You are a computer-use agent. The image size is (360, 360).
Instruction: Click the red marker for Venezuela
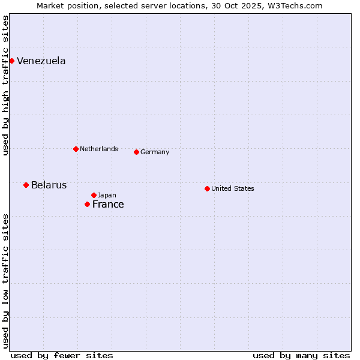click(11, 61)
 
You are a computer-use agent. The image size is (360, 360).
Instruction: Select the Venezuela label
click(41, 61)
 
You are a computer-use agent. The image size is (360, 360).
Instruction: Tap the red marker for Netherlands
click(76, 149)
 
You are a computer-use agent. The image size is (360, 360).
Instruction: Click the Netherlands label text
click(99, 149)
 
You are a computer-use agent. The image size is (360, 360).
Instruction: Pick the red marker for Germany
click(136, 152)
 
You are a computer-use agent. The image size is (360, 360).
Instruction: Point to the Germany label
click(155, 152)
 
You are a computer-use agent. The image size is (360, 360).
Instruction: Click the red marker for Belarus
click(26, 185)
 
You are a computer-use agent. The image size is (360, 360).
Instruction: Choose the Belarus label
click(49, 185)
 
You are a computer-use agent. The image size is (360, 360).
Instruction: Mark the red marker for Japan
click(94, 195)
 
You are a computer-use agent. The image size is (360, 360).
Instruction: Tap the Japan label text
click(107, 196)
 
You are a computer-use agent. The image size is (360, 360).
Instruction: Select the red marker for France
click(87, 204)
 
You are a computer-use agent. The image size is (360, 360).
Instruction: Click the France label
click(108, 205)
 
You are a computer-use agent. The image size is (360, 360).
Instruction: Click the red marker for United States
click(207, 188)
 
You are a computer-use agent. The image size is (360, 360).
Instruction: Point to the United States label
click(233, 189)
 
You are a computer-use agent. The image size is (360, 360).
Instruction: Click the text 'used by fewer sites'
click(62, 355)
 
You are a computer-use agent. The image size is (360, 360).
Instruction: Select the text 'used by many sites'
click(301, 355)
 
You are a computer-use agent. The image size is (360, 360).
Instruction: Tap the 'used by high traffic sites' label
click(5, 85)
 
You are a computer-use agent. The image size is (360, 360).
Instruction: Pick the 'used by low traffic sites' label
click(5, 280)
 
